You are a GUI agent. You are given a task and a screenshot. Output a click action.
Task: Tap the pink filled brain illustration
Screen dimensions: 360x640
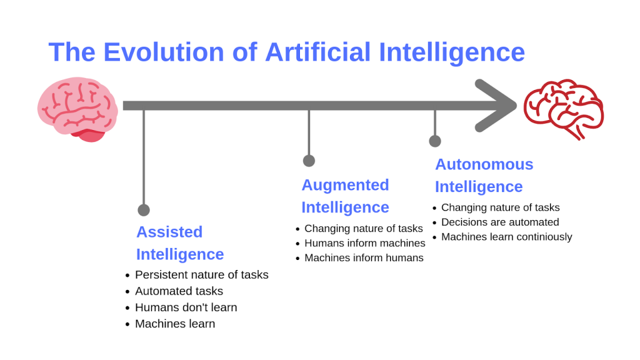[x=76, y=107]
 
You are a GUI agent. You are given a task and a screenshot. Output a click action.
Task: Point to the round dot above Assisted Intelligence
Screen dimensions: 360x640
[x=144, y=210]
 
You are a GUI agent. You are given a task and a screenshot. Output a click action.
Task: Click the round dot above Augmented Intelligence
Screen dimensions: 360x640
[x=309, y=161]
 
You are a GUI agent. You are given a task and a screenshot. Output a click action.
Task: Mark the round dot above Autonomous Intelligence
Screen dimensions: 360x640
[x=435, y=141]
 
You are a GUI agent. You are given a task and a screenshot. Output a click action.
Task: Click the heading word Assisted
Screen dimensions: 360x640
[x=169, y=232]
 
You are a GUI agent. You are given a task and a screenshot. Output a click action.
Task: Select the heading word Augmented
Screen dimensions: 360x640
[x=345, y=185]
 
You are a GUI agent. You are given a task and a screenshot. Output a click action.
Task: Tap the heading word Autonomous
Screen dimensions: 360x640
[x=484, y=164]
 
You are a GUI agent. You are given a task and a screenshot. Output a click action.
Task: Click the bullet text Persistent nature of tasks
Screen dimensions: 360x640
[x=201, y=275]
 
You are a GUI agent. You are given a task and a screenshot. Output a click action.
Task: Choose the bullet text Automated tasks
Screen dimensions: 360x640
[x=179, y=291]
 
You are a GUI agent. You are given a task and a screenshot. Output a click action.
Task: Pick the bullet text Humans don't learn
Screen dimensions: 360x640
[x=186, y=307]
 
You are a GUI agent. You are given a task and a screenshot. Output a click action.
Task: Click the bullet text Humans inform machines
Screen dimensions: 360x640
[x=364, y=243]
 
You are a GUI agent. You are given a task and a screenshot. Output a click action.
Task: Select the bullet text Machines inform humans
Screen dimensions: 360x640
[x=364, y=258]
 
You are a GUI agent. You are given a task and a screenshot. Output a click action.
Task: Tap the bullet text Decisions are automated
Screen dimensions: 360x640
[x=500, y=222]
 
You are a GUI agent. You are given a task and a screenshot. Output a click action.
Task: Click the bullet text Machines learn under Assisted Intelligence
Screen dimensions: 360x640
[x=175, y=324]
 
